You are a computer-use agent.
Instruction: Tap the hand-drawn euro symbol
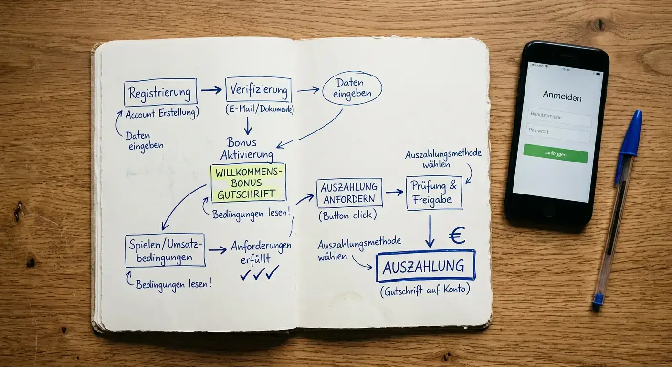coord(457,235)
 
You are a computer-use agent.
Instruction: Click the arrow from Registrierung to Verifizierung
coord(211,90)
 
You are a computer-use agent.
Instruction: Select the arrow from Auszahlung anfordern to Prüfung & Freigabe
coord(394,192)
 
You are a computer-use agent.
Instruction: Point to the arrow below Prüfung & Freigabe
coord(430,231)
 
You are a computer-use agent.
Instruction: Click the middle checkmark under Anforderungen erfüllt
coord(259,273)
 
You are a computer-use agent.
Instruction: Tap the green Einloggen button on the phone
coord(556,154)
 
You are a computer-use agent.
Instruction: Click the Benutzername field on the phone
coord(560,117)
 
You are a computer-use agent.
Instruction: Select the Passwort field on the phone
coord(558,133)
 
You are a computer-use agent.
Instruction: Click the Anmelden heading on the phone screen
coord(562,96)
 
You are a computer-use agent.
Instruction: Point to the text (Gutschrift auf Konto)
coord(425,291)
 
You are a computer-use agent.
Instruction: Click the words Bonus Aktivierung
coord(247,149)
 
